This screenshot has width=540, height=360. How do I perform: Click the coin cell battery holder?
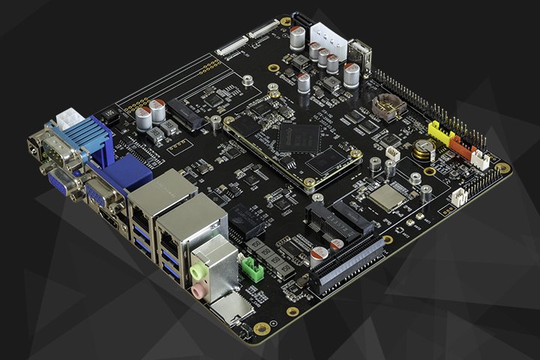[388, 107]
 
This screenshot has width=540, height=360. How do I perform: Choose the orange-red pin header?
[460, 146]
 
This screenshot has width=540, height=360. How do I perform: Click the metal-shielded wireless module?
[385, 196]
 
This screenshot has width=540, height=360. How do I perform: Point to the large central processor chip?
[298, 138]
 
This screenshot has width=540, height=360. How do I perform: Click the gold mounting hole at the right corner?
[503, 169]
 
